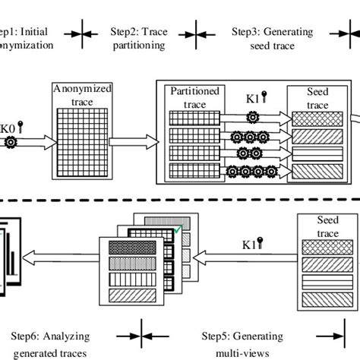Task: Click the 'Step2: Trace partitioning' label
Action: (x=139, y=38)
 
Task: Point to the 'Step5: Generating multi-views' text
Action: (x=242, y=343)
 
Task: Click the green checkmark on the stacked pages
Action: (x=176, y=229)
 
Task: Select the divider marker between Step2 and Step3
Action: (x=199, y=32)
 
